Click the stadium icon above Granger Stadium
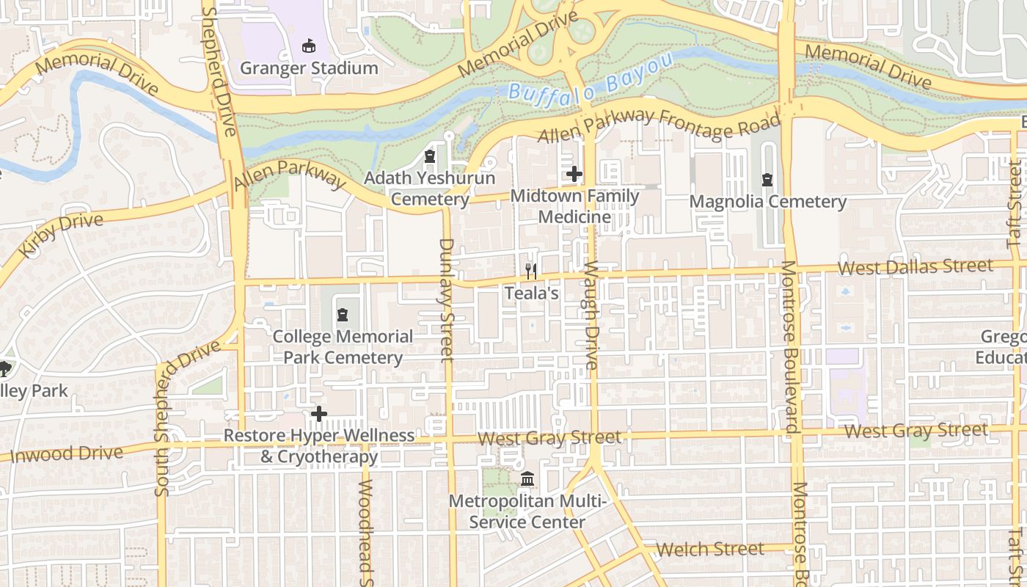pos(309,46)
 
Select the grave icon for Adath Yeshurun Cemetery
pos(430,157)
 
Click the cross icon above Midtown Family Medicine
pos(574,175)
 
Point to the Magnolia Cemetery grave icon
pos(767,180)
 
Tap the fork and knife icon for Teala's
pos(531,271)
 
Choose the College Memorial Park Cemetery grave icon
pos(342,316)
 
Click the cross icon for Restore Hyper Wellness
pos(319,414)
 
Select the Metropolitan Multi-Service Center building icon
pos(527,480)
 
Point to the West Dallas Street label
pos(915,266)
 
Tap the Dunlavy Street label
pos(446,299)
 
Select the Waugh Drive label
pos(591,316)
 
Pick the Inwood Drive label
pos(67,453)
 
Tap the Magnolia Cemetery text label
pos(768,202)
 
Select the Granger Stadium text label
pos(309,68)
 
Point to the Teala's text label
pos(531,293)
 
